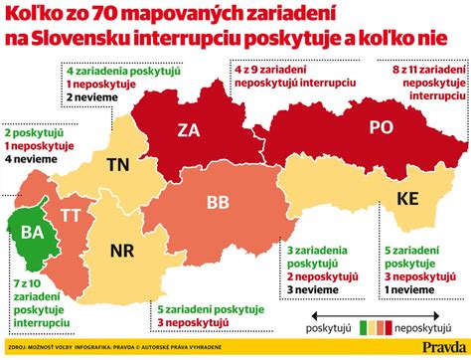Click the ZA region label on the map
[x=189, y=130]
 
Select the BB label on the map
[x=218, y=202]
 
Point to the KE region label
[x=407, y=197]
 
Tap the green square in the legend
[x=365, y=325]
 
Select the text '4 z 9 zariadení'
[x=274, y=72]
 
